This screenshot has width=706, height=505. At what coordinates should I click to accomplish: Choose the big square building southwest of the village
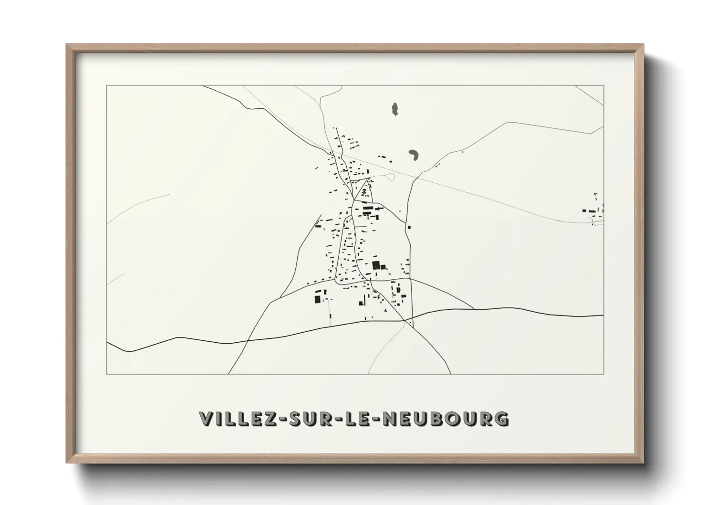318,299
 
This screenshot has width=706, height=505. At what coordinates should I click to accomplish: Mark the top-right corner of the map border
603,85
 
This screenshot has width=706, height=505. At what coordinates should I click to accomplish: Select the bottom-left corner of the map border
107,374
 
